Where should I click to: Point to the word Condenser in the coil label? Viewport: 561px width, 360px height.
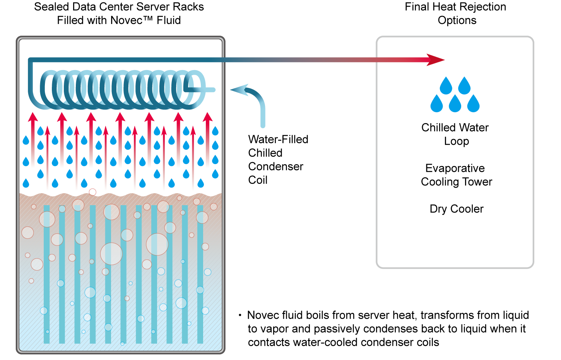pos(275,166)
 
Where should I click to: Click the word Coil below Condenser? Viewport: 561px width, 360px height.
pos(258,180)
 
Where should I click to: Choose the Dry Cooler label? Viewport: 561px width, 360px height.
pos(457,209)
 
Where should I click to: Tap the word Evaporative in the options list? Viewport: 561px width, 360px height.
pos(455,168)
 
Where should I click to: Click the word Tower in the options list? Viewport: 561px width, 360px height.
pos(477,182)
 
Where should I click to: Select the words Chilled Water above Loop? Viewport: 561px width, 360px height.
pos(455,128)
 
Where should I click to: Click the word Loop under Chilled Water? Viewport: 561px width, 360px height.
pos(457,141)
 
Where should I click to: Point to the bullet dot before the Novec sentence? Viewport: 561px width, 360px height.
pos(240,315)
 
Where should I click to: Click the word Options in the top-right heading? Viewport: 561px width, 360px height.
pos(457,21)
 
